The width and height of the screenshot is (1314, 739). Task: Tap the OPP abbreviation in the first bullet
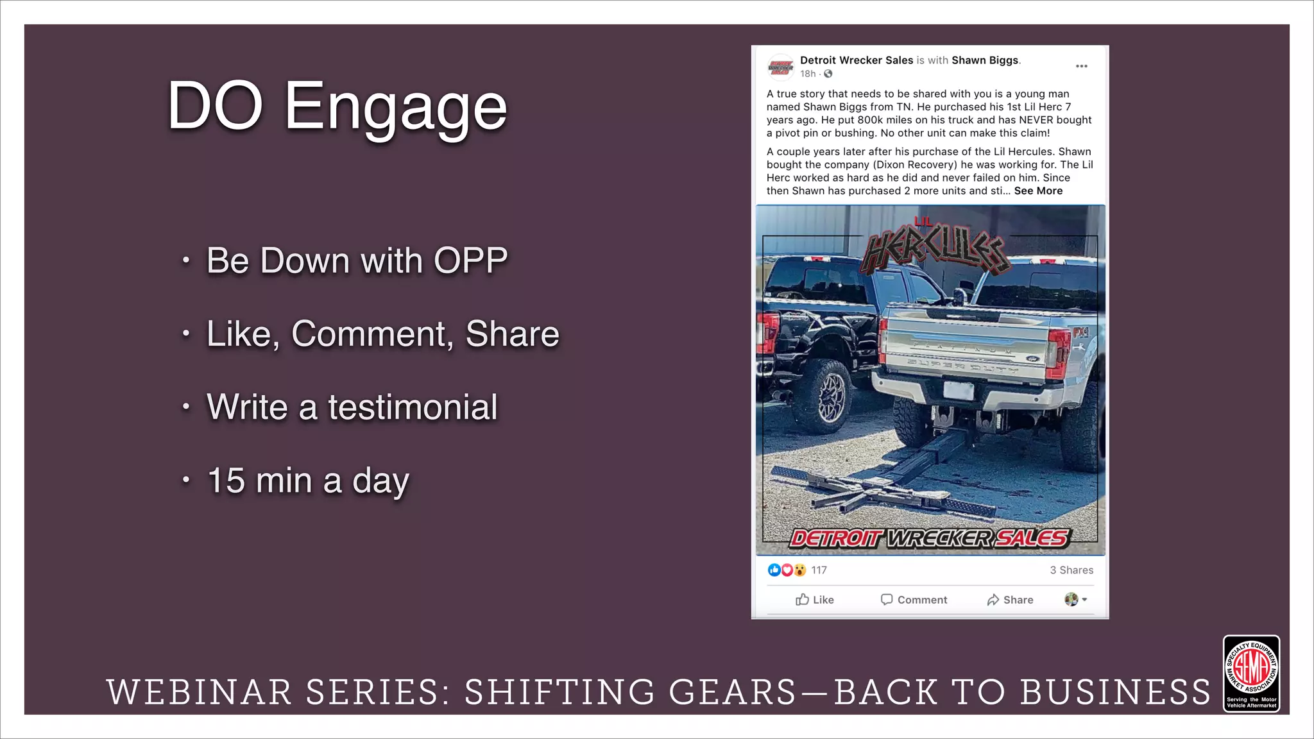470,260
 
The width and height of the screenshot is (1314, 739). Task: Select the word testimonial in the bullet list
413,407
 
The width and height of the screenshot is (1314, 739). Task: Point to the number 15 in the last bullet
226,480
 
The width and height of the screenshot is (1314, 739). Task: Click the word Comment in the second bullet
371,334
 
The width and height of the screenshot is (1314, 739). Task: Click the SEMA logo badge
1251,673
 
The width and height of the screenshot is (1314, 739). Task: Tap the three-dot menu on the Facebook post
1081,66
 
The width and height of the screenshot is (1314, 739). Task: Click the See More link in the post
1038,191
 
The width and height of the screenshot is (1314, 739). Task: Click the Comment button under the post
914,600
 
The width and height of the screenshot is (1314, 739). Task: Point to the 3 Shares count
1071,570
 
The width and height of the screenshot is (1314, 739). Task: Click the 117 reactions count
819,570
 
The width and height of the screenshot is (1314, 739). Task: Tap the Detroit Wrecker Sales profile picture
780,66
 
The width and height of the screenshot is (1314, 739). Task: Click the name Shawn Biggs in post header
984,60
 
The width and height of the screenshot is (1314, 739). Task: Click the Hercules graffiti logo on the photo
934,248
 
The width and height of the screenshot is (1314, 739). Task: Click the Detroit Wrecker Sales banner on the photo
929,538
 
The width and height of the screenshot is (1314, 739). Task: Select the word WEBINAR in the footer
199,693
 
